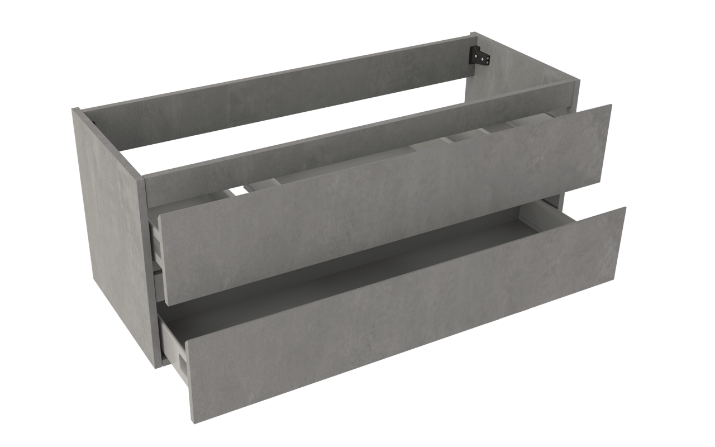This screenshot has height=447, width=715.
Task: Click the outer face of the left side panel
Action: point(112,235)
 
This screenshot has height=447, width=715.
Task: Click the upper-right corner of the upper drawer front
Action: point(611,106)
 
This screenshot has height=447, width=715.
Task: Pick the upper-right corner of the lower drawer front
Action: point(625,208)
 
